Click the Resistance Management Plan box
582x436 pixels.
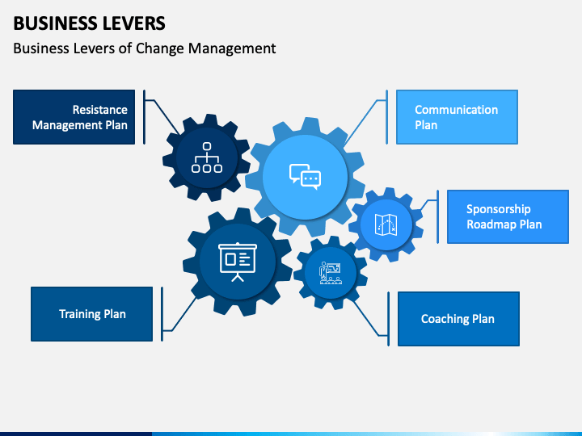tap(74, 117)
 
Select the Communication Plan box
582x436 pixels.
tap(457, 117)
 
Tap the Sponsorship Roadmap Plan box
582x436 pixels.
tap(508, 216)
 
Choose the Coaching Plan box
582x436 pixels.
tap(458, 319)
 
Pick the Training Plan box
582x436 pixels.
tap(91, 314)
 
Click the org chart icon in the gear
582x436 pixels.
tap(207, 157)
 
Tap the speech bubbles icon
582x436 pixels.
tap(305, 177)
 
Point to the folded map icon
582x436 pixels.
tap(386, 224)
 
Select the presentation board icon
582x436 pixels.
tap(238, 262)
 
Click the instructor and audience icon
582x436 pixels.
tap(331, 273)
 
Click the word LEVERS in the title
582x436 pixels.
tap(134, 23)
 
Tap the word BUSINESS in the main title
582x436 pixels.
tap(56, 23)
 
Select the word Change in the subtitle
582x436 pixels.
tap(159, 48)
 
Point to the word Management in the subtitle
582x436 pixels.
tap(232, 48)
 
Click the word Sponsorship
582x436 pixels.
tap(499, 209)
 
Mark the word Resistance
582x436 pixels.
tap(100, 110)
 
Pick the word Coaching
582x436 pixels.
tap(440, 319)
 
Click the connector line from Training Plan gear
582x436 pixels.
tap(179, 313)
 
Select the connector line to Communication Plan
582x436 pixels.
tap(365, 122)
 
